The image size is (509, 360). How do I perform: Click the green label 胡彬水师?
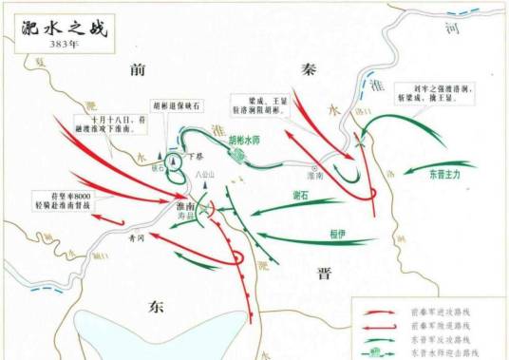coord(244,140)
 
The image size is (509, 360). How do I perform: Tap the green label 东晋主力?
coord(444,175)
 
